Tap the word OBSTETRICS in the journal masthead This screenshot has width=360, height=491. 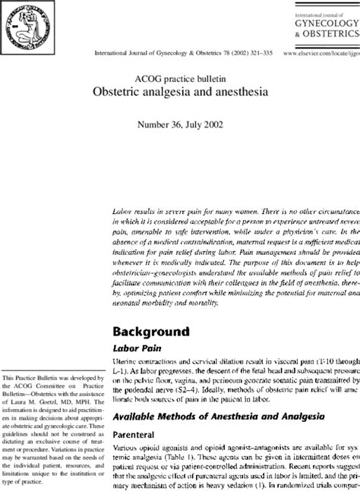tap(331, 34)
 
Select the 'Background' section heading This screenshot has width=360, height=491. tap(150, 331)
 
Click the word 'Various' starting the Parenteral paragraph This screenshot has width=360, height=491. tap(126, 449)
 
